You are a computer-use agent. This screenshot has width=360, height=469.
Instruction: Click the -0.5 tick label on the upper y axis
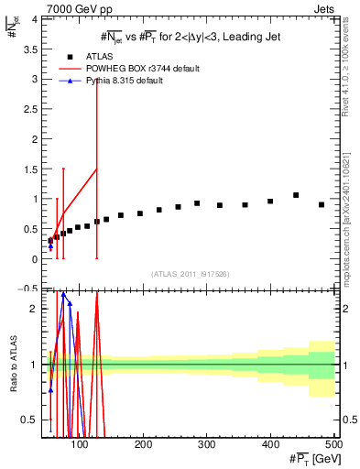click(29, 289)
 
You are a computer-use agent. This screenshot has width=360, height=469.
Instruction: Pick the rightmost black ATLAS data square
click(322, 205)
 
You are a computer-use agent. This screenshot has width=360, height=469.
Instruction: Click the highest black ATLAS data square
click(296, 195)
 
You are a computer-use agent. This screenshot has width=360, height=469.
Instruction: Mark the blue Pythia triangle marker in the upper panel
click(50, 245)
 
